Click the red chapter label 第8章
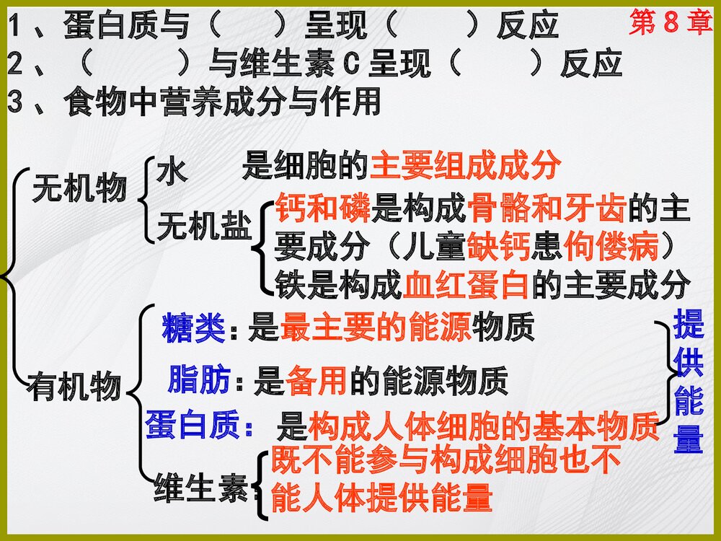click(670, 22)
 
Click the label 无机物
click(79, 189)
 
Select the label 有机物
click(74, 387)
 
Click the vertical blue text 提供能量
click(689, 382)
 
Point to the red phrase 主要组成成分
click(465, 167)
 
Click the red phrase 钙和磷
click(322, 208)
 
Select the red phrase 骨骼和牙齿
click(547, 208)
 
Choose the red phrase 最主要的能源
click(375, 329)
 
